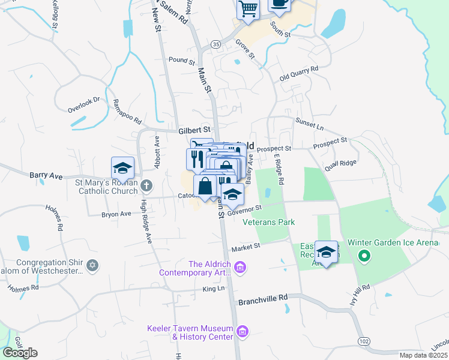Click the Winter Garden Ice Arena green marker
pyautogui.click(x=363, y=256)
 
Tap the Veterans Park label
pyautogui.click(x=269, y=222)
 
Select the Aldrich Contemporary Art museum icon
pyautogui.click(x=240, y=267)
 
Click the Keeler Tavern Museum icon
pyautogui.click(x=243, y=331)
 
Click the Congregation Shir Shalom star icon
pyautogui.click(x=92, y=265)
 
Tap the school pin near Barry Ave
pyautogui.click(x=122, y=169)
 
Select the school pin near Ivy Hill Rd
pyautogui.click(x=326, y=253)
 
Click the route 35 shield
pyautogui.click(x=215, y=44)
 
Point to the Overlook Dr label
pyautogui.click(x=83, y=106)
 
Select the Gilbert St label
pyautogui.click(x=194, y=129)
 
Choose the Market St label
pyautogui.click(x=246, y=246)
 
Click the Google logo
pyautogui.click(x=20, y=352)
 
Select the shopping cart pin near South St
pyautogui.click(x=247, y=10)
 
